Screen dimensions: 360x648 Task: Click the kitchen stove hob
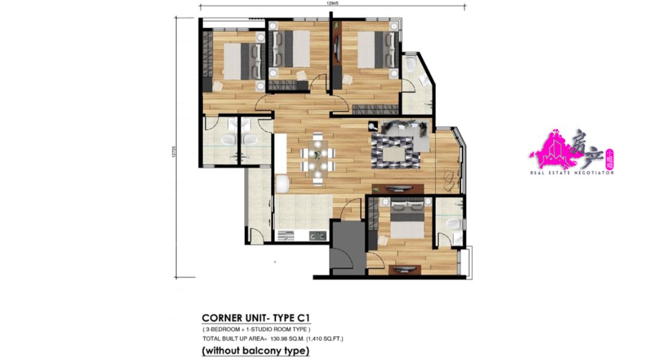pyautogui.click(x=318, y=236)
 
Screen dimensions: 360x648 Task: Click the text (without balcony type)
pyautogui.click(x=256, y=350)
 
